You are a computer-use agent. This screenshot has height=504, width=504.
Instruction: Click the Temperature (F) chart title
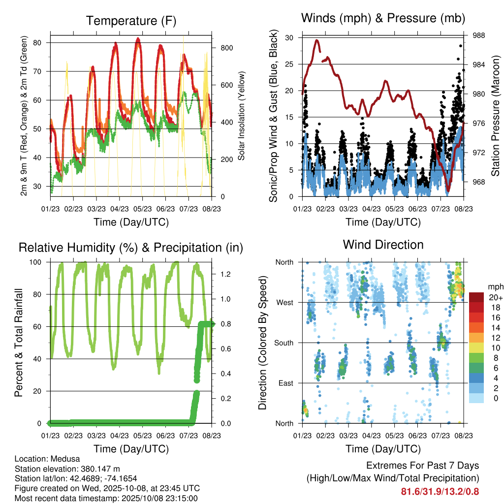tap(131, 21)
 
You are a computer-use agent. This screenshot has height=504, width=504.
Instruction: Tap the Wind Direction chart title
tap(383, 244)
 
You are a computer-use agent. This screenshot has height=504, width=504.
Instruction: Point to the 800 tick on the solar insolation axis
tap(226, 48)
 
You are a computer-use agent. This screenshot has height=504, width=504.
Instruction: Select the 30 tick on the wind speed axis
tap(289, 38)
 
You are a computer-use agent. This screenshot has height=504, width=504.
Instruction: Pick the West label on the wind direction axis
tap(284, 302)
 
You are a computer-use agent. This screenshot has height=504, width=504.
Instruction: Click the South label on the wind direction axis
tap(283, 343)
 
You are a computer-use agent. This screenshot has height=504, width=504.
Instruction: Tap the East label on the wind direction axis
tap(285, 383)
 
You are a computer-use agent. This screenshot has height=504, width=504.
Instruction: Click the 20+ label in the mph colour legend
tap(495, 298)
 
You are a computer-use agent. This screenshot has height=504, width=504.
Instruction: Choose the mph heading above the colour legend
tap(494, 286)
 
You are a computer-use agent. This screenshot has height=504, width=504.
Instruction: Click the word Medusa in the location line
tap(60, 459)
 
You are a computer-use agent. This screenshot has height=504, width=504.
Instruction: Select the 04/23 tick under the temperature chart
tap(119, 208)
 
